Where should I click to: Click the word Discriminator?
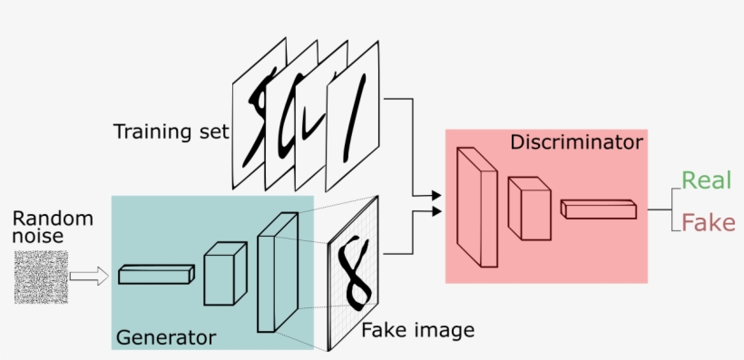pos(576,142)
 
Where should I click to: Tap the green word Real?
pos(706,180)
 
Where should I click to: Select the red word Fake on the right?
pos(708,223)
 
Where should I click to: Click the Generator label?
pos(166,338)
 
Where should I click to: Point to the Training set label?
pos(171,131)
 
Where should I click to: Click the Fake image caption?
pos(417,329)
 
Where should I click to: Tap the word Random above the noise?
pos(53,218)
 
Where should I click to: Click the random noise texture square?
pos(41,277)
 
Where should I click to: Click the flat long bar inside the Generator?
pos(156,274)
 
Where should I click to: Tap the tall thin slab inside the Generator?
pos(277,272)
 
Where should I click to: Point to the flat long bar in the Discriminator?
pos(599,209)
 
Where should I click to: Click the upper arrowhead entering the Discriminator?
pos(436,195)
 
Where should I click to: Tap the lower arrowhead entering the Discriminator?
pos(436,212)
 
